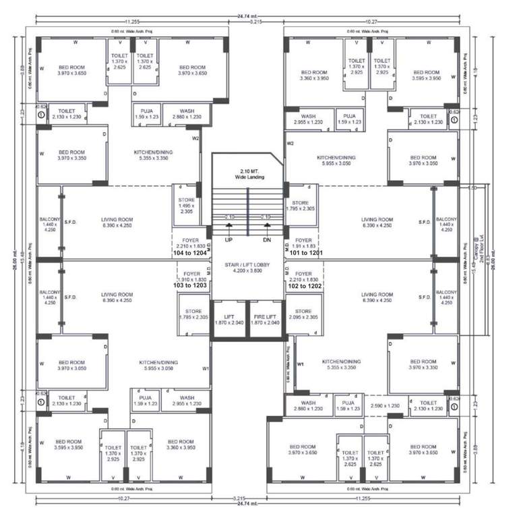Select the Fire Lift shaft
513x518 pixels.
click(268, 320)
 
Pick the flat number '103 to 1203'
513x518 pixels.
click(191, 286)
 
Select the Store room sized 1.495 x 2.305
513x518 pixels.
click(187, 205)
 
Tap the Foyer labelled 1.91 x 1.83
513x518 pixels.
click(304, 243)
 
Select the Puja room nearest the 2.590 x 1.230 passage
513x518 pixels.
click(349, 405)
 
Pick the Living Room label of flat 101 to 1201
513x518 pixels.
click(376, 223)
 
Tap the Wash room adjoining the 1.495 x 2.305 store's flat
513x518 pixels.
click(187, 114)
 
